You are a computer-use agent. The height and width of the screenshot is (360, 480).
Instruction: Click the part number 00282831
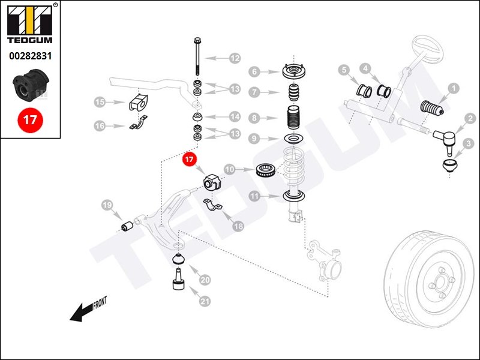29,56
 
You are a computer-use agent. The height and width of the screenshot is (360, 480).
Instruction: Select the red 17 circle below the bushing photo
29,119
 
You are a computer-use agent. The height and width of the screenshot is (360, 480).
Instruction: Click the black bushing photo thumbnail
29,86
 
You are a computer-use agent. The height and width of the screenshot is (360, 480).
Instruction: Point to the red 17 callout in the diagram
190,160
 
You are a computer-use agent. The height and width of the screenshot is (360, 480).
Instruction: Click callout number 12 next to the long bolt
234,58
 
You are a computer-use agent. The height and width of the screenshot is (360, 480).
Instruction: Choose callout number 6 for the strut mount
254,71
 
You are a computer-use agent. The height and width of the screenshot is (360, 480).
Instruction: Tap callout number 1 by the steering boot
454,88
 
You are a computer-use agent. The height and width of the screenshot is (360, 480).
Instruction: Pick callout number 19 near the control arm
107,206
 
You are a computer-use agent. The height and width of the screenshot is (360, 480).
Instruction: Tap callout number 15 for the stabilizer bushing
100,103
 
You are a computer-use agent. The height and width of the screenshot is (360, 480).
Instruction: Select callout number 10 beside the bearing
229,170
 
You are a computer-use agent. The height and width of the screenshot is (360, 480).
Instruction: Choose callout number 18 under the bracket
238,226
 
